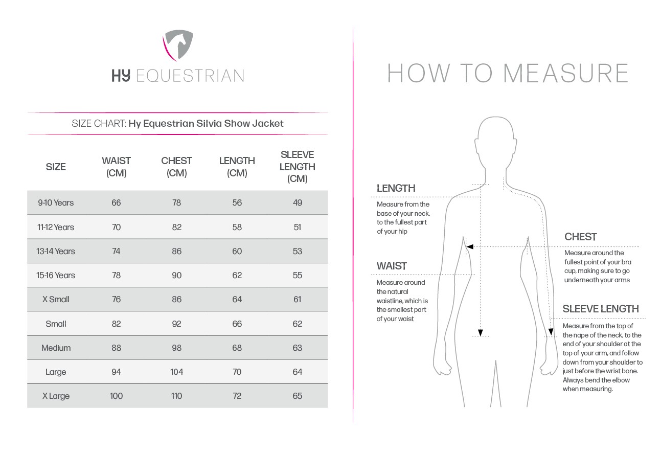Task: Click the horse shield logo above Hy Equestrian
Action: pyautogui.click(x=178, y=45)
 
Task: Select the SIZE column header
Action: pyautogui.click(x=56, y=167)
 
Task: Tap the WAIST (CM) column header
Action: pyautogui.click(x=116, y=167)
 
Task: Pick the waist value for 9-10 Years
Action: pyautogui.click(x=116, y=202)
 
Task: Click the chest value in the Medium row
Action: pyautogui.click(x=176, y=348)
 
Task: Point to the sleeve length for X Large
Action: pyautogui.click(x=297, y=396)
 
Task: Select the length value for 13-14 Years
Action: pyautogui.click(x=237, y=251)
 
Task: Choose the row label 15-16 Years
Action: pyautogui.click(x=56, y=275)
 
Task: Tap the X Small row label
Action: pyautogui.click(x=56, y=299)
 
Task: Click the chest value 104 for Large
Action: pyautogui.click(x=176, y=372)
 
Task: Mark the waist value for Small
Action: pyautogui.click(x=116, y=324)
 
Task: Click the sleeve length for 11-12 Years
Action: pyautogui.click(x=297, y=227)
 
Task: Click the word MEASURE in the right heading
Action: pyautogui.click(x=566, y=73)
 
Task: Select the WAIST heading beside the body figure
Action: pyautogui.click(x=392, y=266)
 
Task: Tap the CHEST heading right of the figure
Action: pyautogui.click(x=580, y=237)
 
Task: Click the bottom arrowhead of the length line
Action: pyautogui.click(x=480, y=333)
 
